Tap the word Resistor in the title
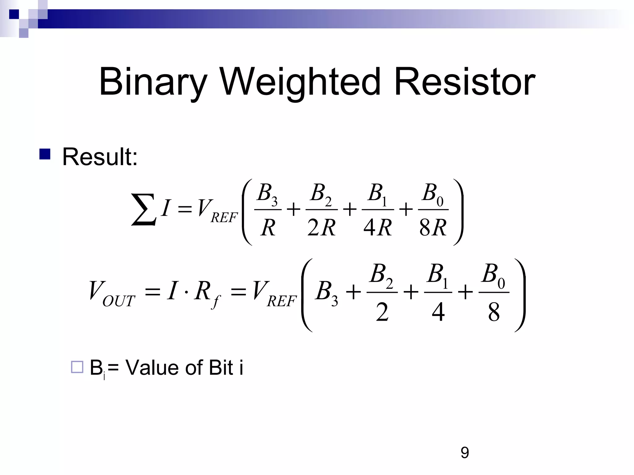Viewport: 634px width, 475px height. tap(464, 82)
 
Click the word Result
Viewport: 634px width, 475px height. tap(100, 157)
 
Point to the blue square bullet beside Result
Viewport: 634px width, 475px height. tap(45, 154)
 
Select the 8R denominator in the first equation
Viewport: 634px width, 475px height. tap(433, 228)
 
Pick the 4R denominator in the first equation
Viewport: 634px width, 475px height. tap(377, 228)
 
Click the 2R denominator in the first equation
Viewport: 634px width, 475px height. tap(321, 228)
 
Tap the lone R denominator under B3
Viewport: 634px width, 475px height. tap(268, 228)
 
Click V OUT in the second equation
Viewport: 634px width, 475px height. tap(111, 293)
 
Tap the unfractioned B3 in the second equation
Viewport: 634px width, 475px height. tap(327, 292)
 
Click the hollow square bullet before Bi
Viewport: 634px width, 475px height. tap(77, 367)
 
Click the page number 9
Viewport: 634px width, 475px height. tap(465, 453)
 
